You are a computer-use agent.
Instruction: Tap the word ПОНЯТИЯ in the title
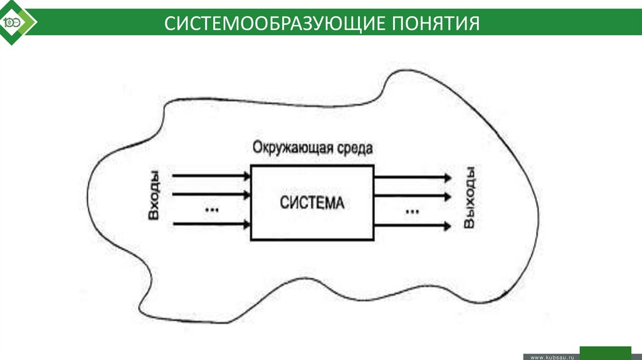pos(436,24)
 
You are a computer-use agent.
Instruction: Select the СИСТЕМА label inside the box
pos(312,203)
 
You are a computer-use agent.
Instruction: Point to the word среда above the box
pos(354,149)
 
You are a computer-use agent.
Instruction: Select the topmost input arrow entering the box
pos(211,176)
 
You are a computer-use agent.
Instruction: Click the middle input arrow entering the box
pos(211,194)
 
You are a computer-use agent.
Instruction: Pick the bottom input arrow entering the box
pos(211,223)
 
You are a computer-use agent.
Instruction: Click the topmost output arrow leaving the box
pos(411,177)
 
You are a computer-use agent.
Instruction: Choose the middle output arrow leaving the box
pos(411,196)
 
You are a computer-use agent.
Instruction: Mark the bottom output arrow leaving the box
pos(411,225)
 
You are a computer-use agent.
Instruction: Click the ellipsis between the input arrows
pos(211,209)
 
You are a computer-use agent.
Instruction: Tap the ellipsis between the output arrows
pos(411,211)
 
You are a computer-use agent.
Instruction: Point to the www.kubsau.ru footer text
pos(552,356)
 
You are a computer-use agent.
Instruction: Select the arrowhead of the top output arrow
pos(446,177)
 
